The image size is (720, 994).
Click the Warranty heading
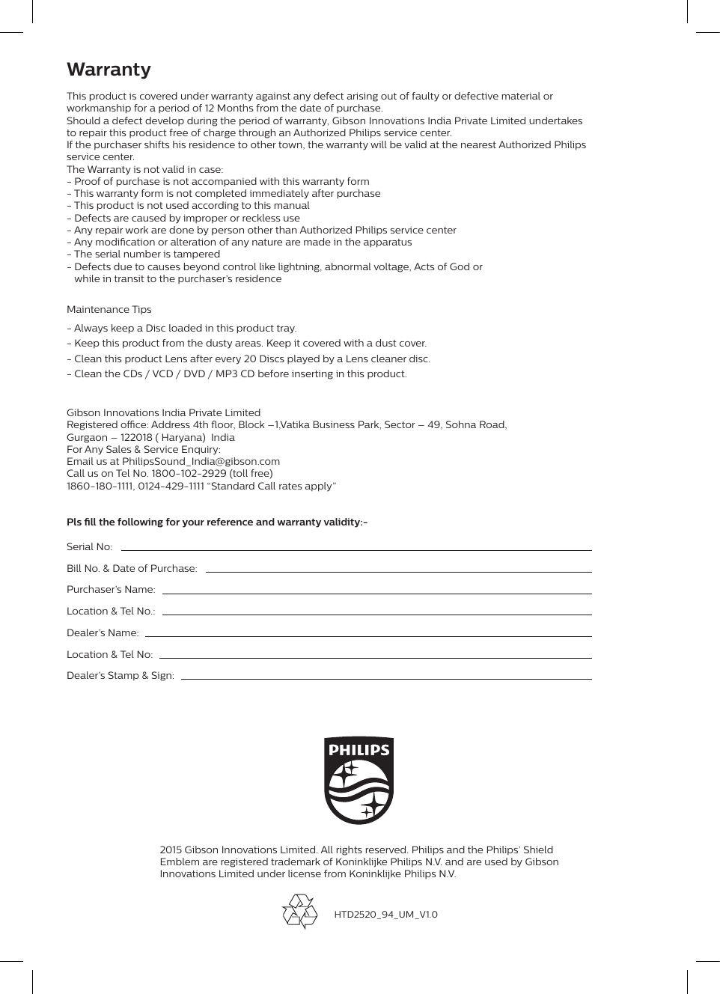point(109,70)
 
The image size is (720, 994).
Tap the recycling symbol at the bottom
point(300,911)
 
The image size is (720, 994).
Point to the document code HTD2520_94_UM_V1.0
point(385,915)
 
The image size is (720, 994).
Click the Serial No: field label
point(89,547)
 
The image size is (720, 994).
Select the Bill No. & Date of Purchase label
point(132,569)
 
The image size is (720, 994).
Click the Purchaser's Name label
point(111,590)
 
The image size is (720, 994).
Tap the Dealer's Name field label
point(103,633)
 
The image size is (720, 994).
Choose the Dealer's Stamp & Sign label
point(120,676)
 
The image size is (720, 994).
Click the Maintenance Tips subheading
point(109,310)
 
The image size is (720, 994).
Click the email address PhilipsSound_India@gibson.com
point(201,462)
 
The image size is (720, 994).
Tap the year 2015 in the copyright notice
point(171,850)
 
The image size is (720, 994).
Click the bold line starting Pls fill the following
point(217,522)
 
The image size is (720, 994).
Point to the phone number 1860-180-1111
point(100,487)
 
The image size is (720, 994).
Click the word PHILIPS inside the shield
point(359,750)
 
